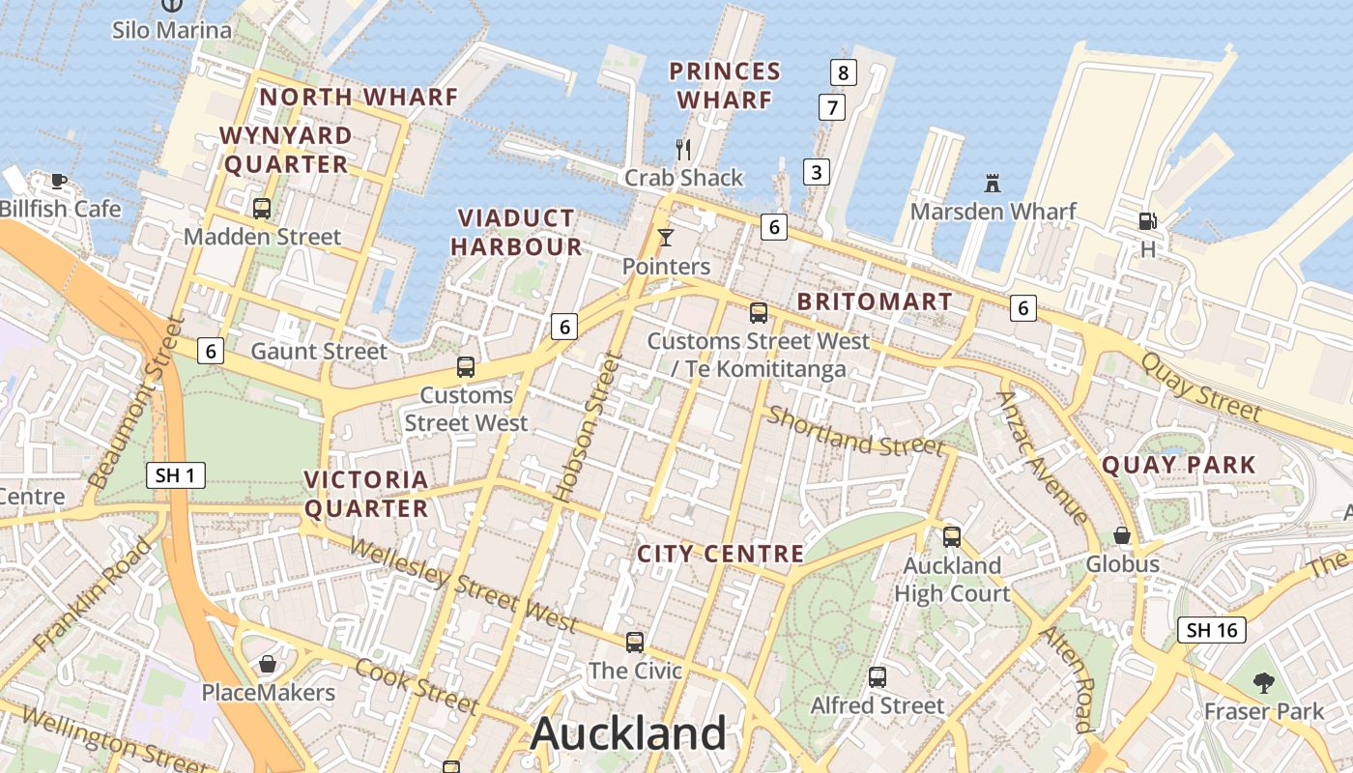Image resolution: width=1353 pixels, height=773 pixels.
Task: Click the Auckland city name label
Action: tap(628, 733)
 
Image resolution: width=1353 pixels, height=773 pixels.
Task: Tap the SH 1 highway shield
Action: tap(176, 475)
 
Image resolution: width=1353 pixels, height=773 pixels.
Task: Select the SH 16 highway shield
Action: tap(1212, 630)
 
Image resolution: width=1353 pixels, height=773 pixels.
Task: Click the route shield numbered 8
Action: tap(844, 72)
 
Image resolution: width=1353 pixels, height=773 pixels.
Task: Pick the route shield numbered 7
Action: tap(831, 106)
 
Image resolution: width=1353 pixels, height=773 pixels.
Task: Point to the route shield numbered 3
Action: tap(817, 173)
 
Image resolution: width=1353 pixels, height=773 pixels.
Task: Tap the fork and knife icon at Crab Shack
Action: tap(683, 149)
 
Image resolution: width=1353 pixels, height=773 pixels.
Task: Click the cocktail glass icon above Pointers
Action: tap(665, 237)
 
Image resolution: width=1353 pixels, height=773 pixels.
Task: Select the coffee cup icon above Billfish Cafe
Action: tap(59, 180)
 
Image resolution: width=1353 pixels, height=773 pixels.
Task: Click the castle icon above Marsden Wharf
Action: tap(993, 183)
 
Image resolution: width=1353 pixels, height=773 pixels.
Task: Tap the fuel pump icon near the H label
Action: tap(1147, 221)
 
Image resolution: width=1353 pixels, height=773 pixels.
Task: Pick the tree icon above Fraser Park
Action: tap(1263, 683)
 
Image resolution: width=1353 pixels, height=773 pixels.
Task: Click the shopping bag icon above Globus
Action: tap(1122, 534)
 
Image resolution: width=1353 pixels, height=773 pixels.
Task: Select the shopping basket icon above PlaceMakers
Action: tap(268, 664)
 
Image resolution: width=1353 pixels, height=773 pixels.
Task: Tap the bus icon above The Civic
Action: tap(635, 642)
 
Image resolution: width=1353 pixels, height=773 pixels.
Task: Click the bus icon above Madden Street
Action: tap(261, 208)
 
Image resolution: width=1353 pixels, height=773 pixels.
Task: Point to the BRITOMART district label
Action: tap(874, 301)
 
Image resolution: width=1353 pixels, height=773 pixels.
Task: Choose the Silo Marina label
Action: tap(172, 30)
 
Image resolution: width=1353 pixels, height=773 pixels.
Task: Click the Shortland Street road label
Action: tap(854, 432)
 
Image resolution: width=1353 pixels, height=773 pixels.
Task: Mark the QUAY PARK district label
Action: tap(1178, 465)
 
